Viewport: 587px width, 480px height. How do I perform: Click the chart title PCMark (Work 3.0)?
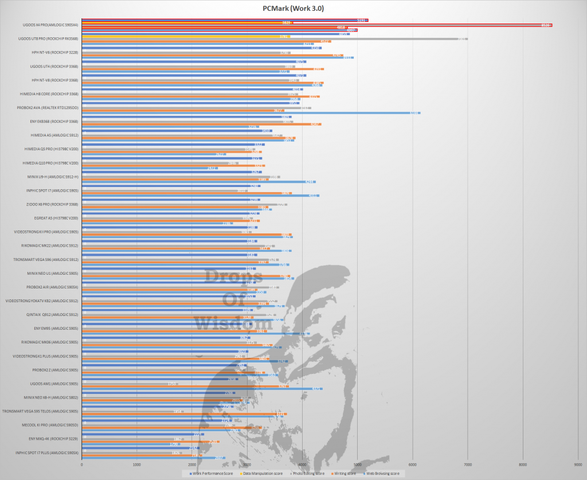[293, 7]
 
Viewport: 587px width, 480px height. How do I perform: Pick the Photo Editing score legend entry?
[309, 473]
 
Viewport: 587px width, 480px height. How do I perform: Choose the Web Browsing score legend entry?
[388, 473]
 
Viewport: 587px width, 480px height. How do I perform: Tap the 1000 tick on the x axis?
[137, 464]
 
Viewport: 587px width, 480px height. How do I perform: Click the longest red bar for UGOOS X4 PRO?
[315, 25]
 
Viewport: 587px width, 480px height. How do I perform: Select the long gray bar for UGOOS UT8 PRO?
[275, 39]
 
